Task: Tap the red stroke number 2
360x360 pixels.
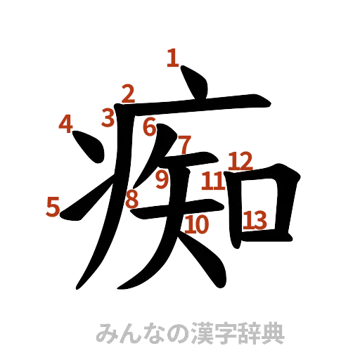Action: click(127, 94)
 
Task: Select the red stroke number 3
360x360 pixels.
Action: click(108, 117)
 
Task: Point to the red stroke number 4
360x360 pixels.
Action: click(65, 124)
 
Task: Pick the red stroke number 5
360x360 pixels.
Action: click(52, 206)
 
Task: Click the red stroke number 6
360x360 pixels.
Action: click(149, 127)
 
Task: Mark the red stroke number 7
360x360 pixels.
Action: click(184, 145)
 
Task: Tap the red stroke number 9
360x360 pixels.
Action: click(162, 180)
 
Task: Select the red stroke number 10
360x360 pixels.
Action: click(198, 225)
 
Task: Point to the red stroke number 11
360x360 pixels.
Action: click(212, 182)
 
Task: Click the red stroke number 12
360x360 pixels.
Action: click(240, 160)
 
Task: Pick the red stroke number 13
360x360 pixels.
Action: click(255, 221)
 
